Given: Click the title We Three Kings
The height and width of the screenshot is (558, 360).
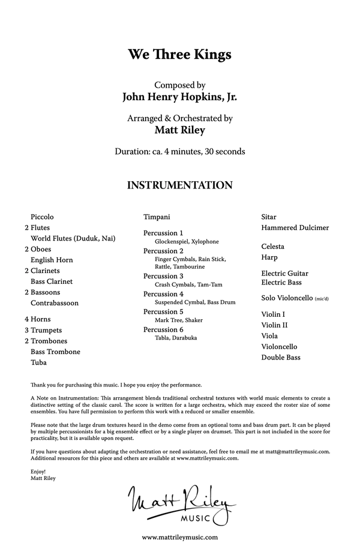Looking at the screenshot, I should (179, 55).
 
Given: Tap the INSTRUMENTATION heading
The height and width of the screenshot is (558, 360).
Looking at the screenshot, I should (179, 185).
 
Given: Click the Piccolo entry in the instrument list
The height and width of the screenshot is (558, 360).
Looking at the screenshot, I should (42, 217).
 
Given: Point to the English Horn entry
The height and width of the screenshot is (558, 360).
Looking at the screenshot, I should (52, 260).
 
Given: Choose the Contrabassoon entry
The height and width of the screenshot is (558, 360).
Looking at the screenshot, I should (55, 304).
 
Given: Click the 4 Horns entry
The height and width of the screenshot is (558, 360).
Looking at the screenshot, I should (38, 319).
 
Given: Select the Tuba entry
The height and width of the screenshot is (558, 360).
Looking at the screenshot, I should (39, 362).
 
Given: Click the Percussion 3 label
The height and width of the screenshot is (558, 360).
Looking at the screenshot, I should (163, 276).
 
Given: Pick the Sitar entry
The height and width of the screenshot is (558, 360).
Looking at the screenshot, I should (269, 217).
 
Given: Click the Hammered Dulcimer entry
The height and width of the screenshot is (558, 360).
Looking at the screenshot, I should (295, 228).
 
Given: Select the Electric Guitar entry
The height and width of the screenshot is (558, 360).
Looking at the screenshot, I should (285, 274).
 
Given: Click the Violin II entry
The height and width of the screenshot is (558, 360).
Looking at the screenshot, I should (275, 325).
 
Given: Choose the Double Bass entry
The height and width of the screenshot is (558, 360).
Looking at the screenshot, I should (281, 358).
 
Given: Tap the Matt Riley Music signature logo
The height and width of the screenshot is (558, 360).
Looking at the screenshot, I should (179, 503).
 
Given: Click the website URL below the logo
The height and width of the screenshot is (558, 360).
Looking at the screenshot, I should (179, 538).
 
